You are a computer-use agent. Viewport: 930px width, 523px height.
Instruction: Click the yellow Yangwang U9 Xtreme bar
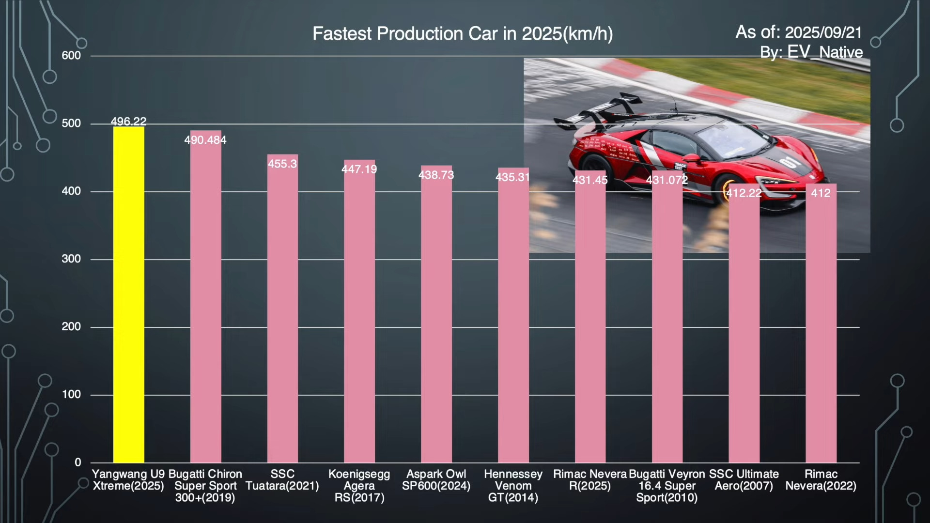[x=128, y=294]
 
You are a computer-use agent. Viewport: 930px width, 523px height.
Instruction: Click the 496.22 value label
[x=128, y=121]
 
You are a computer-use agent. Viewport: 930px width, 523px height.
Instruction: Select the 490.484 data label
[x=205, y=140]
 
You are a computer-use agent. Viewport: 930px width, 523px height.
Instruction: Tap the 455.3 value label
[x=282, y=164]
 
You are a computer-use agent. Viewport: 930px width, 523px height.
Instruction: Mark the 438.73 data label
[x=436, y=175]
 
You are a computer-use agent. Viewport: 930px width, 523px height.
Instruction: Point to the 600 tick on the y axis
[x=71, y=56]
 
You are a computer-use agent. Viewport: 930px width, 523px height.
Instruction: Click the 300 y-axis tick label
[x=71, y=259]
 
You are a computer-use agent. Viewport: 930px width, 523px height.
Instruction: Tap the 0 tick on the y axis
[x=77, y=462]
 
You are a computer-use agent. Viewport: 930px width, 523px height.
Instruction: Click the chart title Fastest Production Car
[x=463, y=33]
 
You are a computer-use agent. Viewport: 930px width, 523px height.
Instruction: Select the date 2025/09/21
[x=823, y=32]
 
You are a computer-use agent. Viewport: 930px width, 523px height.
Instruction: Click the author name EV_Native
[x=825, y=52]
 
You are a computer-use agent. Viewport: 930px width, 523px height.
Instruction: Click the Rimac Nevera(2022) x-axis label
[x=821, y=480]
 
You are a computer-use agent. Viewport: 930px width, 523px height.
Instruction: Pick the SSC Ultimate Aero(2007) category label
[x=744, y=480]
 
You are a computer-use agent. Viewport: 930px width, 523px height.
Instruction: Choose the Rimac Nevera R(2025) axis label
[x=590, y=480]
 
